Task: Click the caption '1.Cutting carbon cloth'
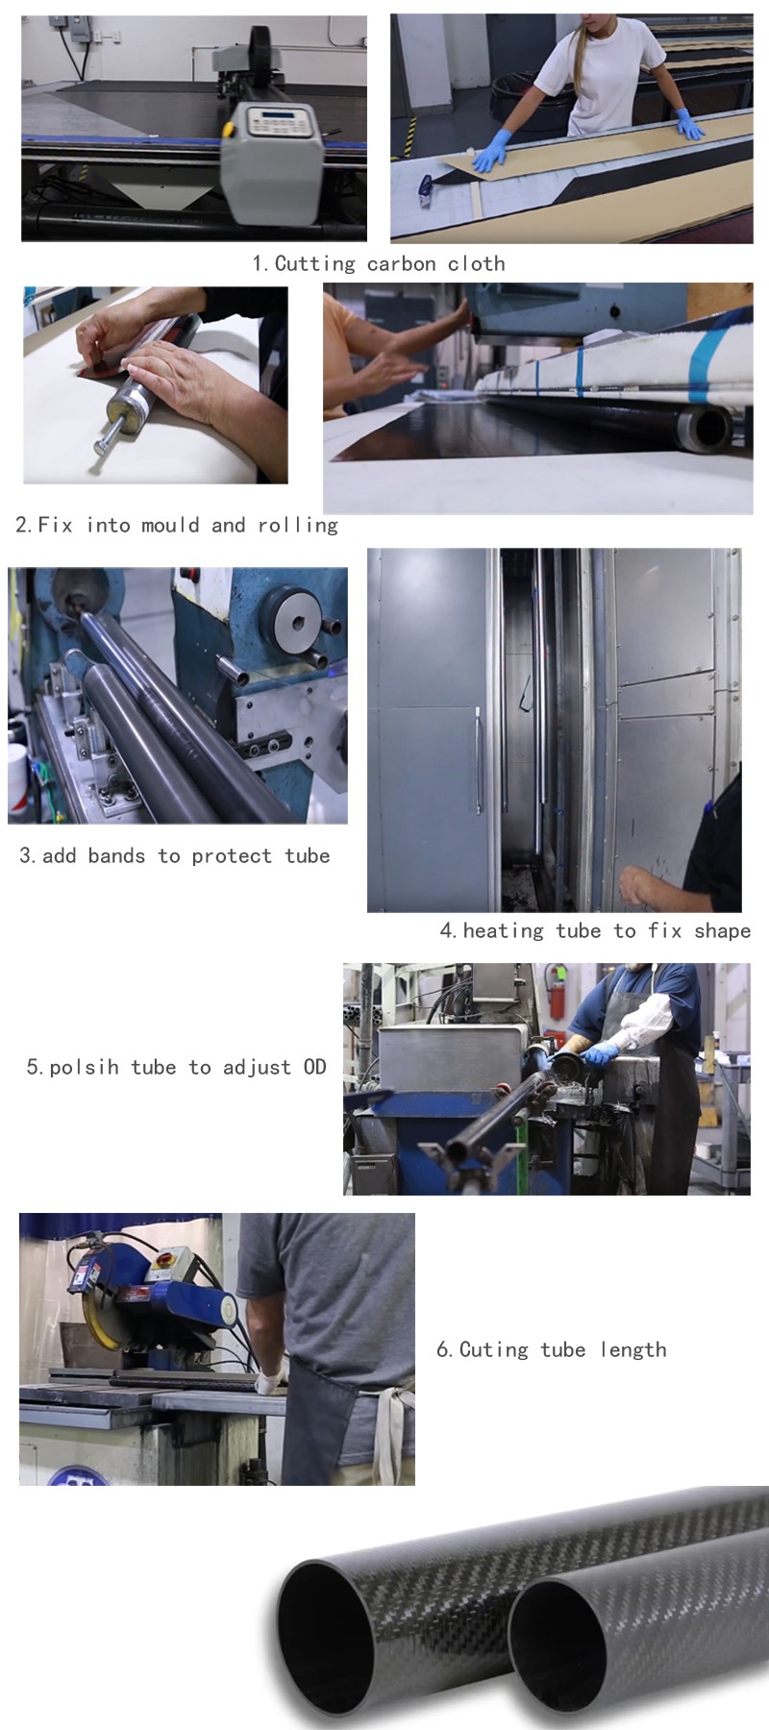click(x=378, y=263)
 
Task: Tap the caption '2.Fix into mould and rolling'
click(x=177, y=525)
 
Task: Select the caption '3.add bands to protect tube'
click(x=175, y=855)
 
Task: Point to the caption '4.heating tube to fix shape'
click(x=595, y=930)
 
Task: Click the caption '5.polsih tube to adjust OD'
click(x=176, y=1067)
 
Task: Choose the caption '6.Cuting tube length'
click(x=551, y=1349)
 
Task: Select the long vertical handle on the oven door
click(x=478, y=760)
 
